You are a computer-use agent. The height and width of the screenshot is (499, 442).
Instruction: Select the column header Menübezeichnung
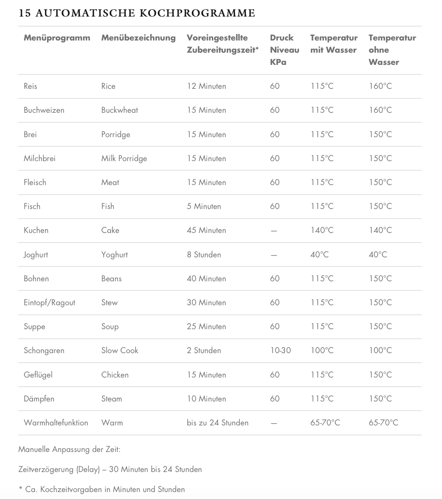pyautogui.click(x=138, y=38)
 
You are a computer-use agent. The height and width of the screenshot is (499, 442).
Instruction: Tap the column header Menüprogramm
pyautogui.click(x=57, y=38)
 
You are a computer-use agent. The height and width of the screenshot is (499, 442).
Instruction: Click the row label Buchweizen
pyautogui.click(x=44, y=110)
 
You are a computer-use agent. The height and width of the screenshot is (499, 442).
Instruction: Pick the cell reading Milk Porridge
pyautogui.click(x=124, y=158)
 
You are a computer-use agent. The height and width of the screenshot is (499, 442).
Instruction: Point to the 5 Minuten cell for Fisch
pyautogui.click(x=204, y=206)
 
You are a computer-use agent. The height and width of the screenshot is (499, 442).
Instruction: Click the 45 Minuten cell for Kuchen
pyautogui.click(x=206, y=230)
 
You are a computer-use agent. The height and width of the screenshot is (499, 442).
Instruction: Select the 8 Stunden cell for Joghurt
pyautogui.click(x=204, y=255)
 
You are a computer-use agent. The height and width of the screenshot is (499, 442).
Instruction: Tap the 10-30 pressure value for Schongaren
pyautogui.click(x=280, y=351)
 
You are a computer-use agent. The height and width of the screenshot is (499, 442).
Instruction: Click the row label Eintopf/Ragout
pyautogui.click(x=49, y=303)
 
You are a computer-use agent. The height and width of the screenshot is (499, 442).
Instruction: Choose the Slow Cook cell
pyautogui.click(x=119, y=351)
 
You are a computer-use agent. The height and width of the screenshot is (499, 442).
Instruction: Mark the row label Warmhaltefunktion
pyautogui.click(x=56, y=423)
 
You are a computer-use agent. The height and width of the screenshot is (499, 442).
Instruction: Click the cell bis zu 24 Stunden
pyautogui.click(x=218, y=423)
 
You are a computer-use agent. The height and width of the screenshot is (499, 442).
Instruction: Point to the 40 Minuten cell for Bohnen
pyautogui.click(x=206, y=279)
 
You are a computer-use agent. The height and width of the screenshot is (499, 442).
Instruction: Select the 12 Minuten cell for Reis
pyautogui.click(x=206, y=86)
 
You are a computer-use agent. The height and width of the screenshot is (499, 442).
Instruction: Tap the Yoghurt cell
pyautogui.click(x=114, y=255)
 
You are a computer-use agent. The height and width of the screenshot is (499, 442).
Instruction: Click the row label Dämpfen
pyautogui.click(x=39, y=399)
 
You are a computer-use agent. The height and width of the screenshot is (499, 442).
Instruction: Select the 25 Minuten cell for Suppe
pyautogui.click(x=206, y=327)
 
